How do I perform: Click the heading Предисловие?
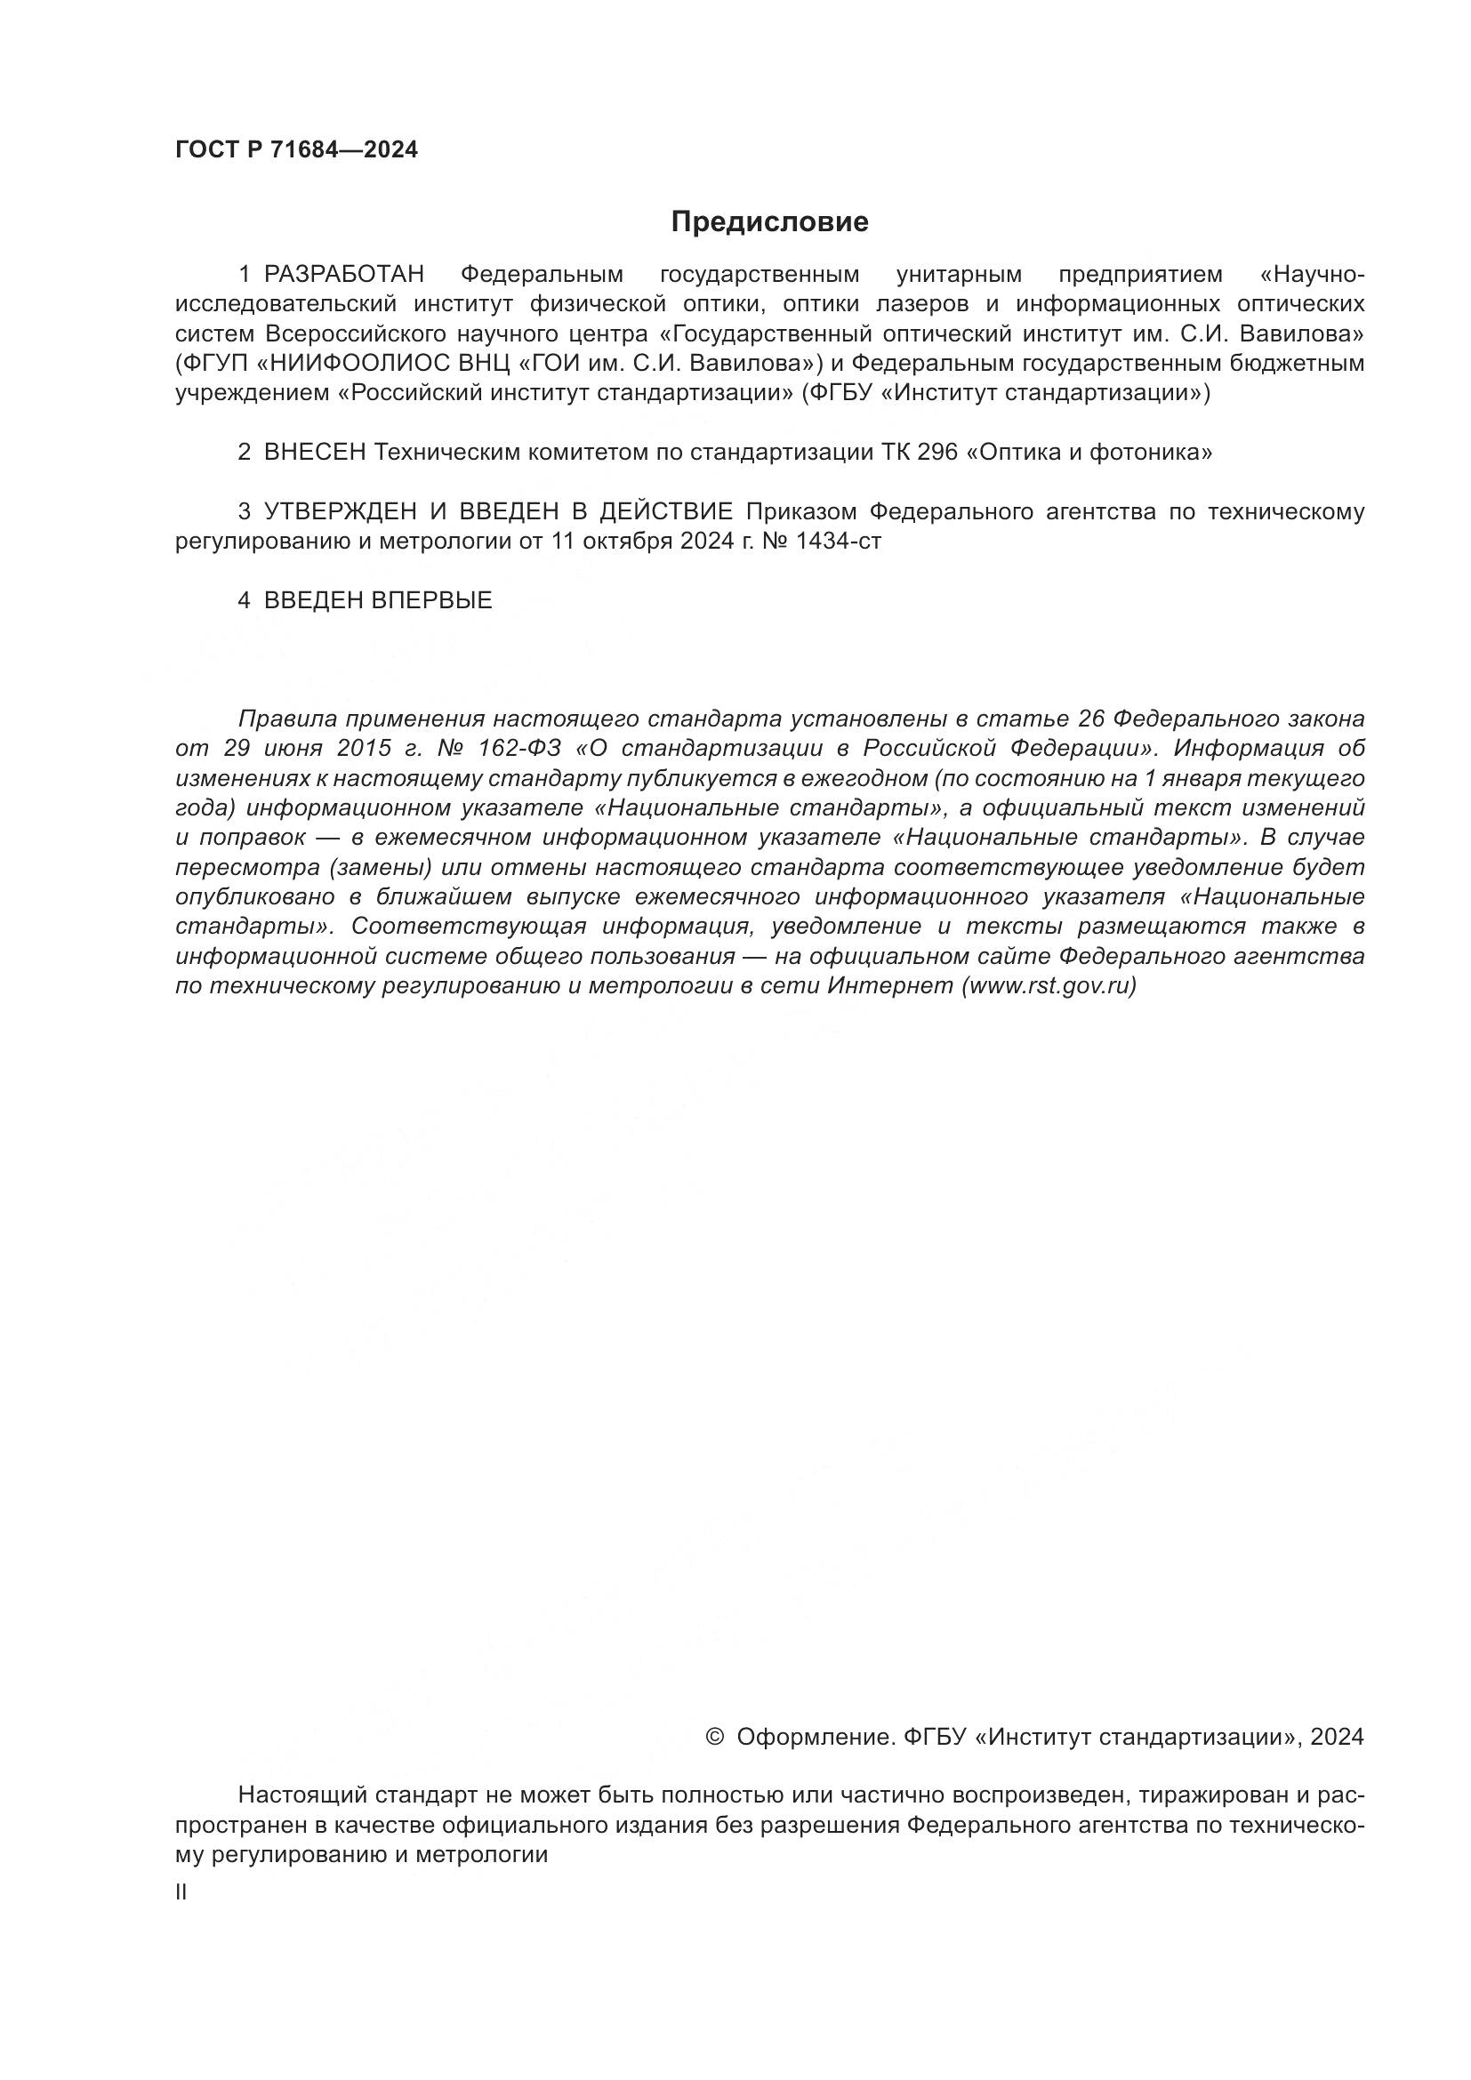click(769, 222)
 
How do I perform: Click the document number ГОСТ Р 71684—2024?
click(296, 150)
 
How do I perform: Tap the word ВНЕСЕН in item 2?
click(315, 452)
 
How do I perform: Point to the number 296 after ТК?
click(937, 452)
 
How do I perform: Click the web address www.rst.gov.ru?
click(1049, 986)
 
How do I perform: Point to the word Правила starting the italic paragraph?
click(285, 719)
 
